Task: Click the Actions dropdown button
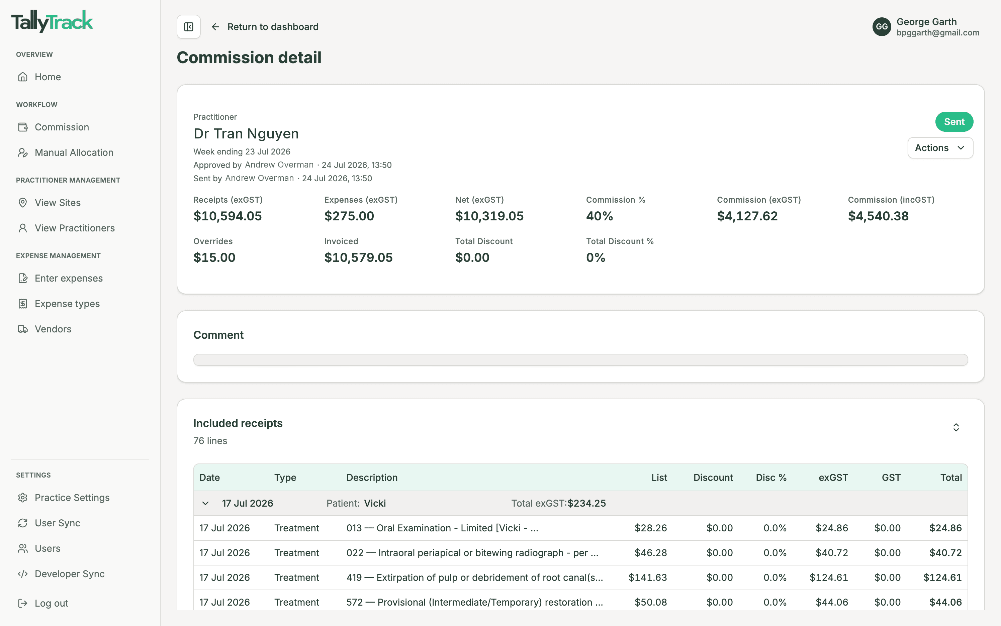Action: coord(940,148)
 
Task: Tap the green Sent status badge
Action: coord(954,122)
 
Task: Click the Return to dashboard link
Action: coord(265,27)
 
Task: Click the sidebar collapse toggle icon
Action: coord(189,27)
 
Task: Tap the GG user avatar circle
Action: coord(882,27)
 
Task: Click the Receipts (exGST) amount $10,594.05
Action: coord(227,216)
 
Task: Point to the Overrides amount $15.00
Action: coord(214,257)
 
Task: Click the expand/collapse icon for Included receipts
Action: coord(956,427)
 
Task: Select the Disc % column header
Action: coord(771,478)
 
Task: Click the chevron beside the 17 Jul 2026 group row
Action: coord(205,504)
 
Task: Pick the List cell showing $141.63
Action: coord(648,578)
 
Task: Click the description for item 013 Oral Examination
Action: coord(442,528)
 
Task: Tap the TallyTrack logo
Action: coord(52,21)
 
